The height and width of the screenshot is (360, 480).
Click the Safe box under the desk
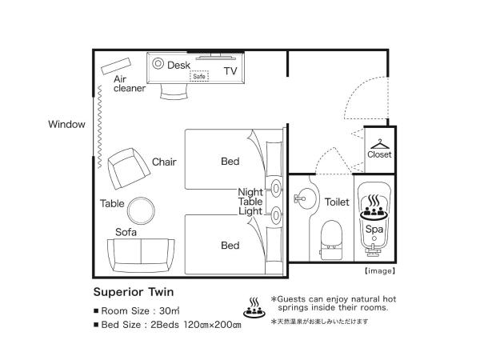pos(199,77)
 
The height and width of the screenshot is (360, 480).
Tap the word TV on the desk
pos(230,71)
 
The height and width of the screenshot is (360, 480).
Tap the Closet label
pos(379,154)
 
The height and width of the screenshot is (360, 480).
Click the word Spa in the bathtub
pos(374,228)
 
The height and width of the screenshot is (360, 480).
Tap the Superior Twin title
pos(134,292)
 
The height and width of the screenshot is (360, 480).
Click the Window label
pos(66,124)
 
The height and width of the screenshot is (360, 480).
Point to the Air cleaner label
pos(129,84)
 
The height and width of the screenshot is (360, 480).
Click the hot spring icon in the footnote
pos(254,306)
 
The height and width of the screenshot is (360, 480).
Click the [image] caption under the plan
pos(379,270)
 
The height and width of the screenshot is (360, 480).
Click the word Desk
pos(178,65)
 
